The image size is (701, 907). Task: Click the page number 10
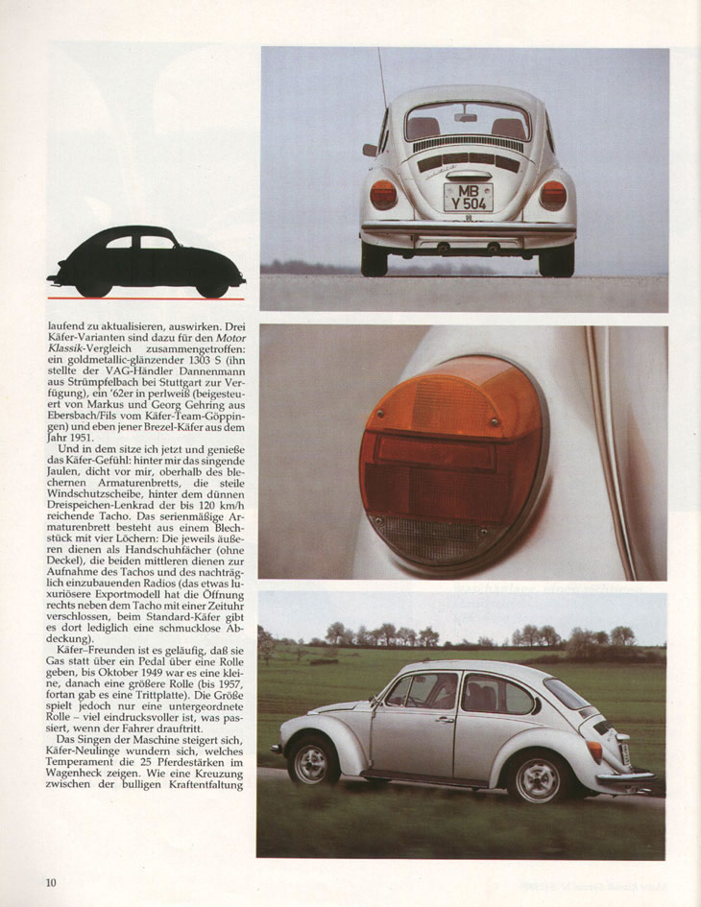point(50,881)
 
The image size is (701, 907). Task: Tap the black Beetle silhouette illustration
point(146,260)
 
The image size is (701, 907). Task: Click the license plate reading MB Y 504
point(468,198)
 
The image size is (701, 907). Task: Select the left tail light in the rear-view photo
point(383,195)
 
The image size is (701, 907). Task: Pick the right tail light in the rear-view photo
point(552,195)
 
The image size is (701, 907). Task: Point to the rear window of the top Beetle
point(467,123)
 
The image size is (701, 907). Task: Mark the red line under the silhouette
point(146,298)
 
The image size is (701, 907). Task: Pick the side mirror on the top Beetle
point(369,150)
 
